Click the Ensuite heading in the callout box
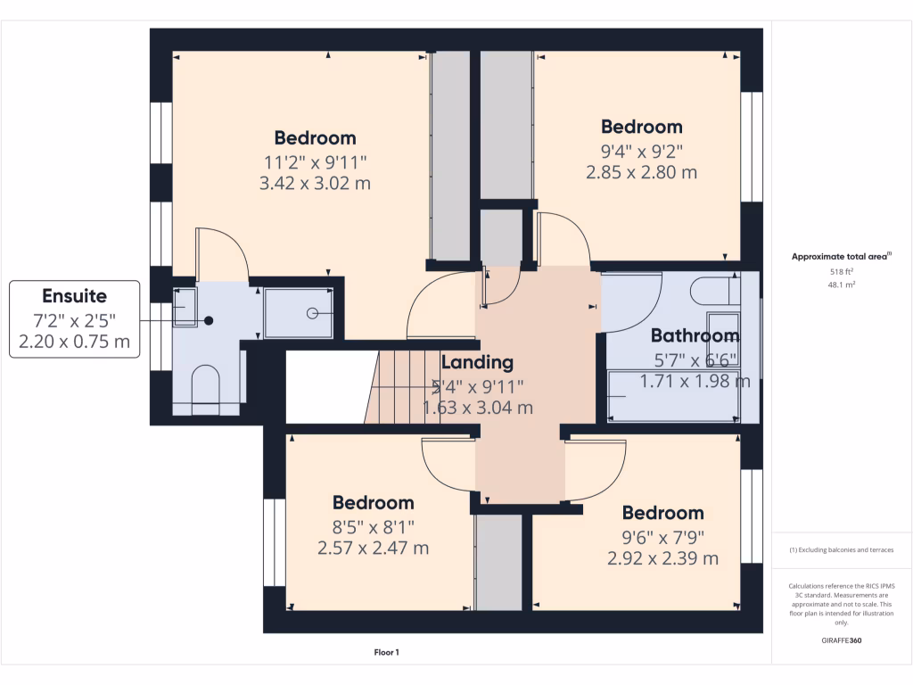75,296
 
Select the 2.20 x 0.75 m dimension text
75,341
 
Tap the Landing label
477,362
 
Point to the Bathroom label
695,336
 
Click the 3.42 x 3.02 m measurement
315,184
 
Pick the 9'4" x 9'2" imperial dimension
641,150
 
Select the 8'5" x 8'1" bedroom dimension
373,526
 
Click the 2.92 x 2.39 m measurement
662,558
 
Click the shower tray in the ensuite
300,312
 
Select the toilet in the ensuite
205,385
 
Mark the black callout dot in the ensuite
209,320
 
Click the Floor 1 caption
386,653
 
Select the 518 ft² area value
842,271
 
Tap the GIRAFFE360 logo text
842,640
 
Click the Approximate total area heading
841,257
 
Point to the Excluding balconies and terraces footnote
842,550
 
